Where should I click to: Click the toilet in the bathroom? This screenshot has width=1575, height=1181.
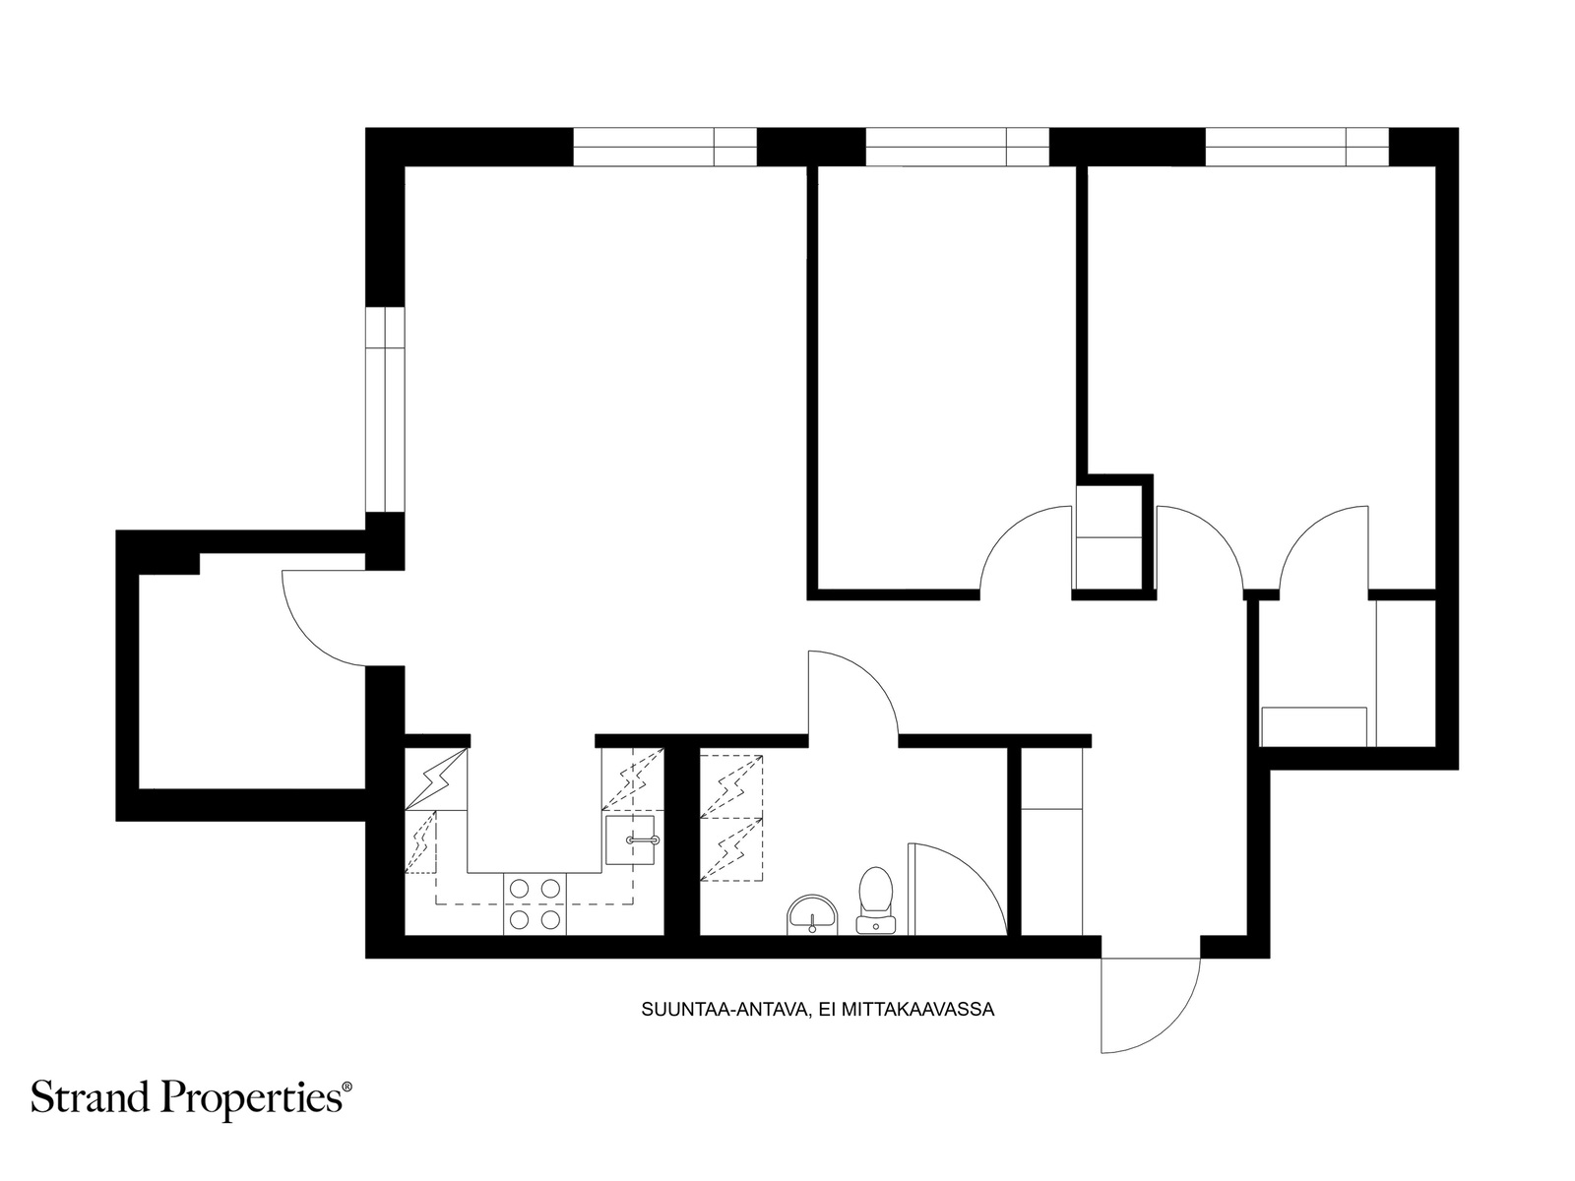click(x=875, y=901)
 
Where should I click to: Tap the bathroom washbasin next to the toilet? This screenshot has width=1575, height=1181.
click(x=812, y=915)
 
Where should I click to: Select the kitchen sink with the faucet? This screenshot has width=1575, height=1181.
click(x=630, y=839)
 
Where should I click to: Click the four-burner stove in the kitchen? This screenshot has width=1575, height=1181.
click(x=535, y=903)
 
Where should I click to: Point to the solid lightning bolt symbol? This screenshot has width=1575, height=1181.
click(x=436, y=778)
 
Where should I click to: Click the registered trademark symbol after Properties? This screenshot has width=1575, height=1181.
click(x=347, y=1088)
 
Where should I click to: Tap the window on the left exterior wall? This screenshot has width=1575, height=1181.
click(x=385, y=409)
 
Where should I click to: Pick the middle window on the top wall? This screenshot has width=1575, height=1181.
click(x=957, y=147)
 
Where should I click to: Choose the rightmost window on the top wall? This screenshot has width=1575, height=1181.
click(x=1297, y=147)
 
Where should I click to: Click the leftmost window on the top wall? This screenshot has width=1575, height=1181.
click(x=665, y=147)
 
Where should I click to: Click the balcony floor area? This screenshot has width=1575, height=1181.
click(x=251, y=681)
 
